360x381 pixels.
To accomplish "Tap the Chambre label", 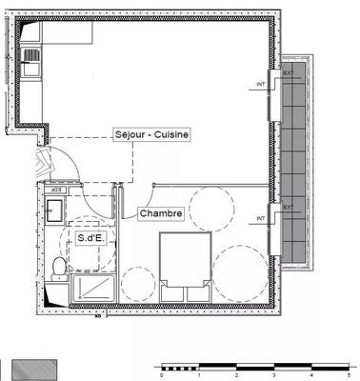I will click(161, 213).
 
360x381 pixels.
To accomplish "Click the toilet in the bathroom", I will click(60, 266).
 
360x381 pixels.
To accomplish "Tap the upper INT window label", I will click(260, 85).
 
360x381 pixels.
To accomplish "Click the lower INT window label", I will click(260, 218).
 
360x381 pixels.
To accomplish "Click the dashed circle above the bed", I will click(211, 208).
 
